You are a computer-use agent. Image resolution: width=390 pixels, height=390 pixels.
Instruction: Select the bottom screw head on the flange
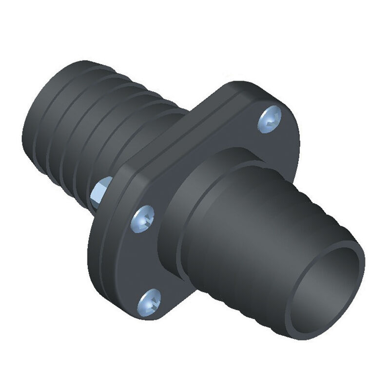[149, 301]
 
